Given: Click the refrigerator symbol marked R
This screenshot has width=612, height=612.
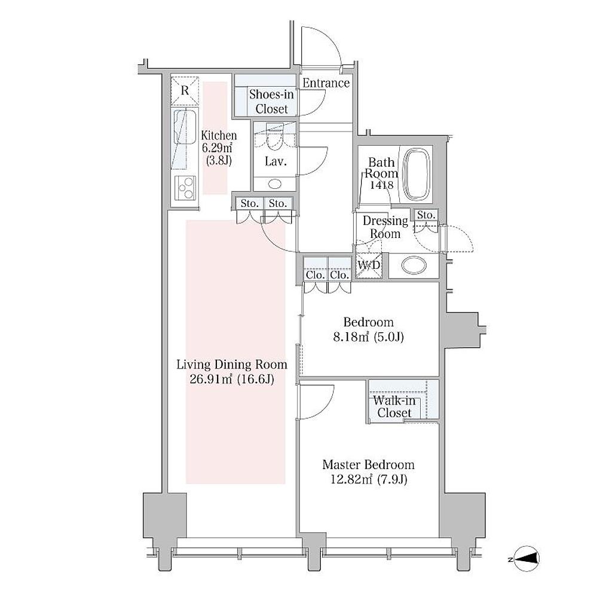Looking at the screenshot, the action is [x=185, y=91].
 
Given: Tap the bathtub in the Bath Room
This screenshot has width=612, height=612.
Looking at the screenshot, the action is [x=418, y=174].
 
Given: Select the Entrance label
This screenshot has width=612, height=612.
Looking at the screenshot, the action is [x=326, y=83].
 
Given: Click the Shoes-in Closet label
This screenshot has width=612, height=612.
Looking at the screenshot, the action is [x=272, y=102].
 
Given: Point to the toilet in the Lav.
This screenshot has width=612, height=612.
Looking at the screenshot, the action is [x=275, y=137].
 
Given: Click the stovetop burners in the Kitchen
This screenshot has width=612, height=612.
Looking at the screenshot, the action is [x=185, y=188].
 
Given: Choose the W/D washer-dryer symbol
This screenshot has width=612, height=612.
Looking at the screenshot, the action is [x=368, y=266].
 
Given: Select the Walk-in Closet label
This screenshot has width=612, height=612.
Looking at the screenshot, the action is [x=394, y=406].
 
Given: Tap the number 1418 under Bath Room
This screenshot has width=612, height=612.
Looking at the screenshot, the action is [x=381, y=185].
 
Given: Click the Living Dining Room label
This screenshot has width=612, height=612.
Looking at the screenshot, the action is [x=232, y=365].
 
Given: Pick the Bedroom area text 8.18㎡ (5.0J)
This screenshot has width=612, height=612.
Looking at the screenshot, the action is [x=368, y=336].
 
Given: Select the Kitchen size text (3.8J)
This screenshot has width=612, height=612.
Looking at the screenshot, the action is [x=219, y=160].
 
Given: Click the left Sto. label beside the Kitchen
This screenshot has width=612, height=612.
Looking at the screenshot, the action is [x=249, y=203].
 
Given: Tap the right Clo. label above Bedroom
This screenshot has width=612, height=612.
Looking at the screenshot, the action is [x=339, y=275].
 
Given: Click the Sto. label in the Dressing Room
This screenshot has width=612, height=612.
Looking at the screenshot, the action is [x=426, y=215].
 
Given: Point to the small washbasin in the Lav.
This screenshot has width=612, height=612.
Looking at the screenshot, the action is [x=275, y=183].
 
